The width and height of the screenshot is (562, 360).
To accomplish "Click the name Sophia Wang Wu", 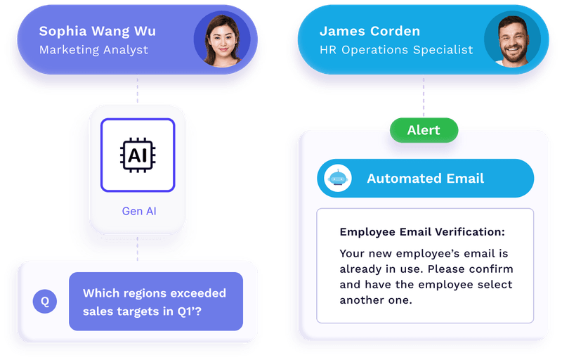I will [98, 32].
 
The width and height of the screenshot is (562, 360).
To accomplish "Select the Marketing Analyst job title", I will [93, 50].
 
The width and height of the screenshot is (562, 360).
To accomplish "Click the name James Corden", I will [370, 32].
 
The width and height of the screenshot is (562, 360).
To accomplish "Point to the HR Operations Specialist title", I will [396, 50].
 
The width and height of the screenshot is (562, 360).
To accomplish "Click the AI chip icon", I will [138, 155].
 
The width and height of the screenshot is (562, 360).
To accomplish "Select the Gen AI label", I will [138, 211].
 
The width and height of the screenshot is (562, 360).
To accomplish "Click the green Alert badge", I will [424, 130].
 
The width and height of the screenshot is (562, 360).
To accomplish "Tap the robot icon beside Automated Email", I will [339, 179].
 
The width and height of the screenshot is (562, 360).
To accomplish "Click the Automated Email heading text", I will [425, 179].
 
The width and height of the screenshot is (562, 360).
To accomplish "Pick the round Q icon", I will [45, 302].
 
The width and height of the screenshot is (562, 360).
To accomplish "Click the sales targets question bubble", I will [155, 302].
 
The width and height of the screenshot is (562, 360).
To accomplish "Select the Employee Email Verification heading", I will [422, 232].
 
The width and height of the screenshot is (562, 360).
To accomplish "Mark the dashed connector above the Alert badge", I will [424, 98].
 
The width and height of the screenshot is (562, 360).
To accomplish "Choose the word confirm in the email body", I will [490, 269].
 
